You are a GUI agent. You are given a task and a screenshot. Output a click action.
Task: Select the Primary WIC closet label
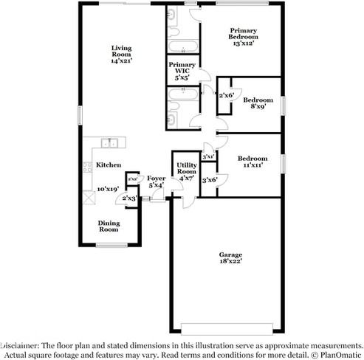[x=181, y=69]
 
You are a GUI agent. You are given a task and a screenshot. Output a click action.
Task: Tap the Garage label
[x=230, y=254]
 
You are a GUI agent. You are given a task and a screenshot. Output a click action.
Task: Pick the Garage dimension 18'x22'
[x=230, y=261]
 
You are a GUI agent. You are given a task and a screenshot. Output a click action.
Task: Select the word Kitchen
[x=109, y=165]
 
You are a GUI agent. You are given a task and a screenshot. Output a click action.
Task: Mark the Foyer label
[x=156, y=178]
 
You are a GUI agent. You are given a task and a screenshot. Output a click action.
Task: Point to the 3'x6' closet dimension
[x=210, y=180]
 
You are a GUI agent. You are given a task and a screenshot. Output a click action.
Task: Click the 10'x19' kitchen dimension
[x=109, y=188]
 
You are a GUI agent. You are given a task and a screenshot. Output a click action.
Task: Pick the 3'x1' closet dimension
[x=208, y=156]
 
